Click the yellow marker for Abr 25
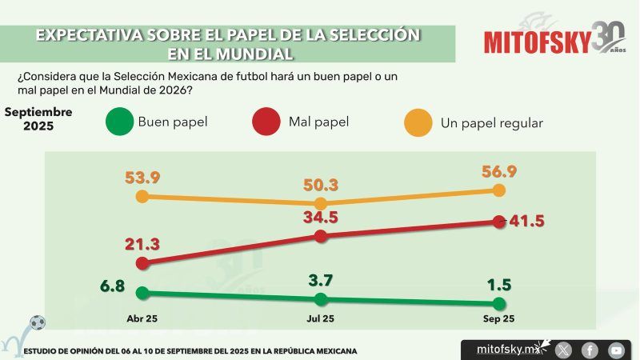(x=142, y=196)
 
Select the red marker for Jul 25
(x=321, y=236)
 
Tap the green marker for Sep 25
(x=499, y=303)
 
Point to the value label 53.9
(x=142, y=176)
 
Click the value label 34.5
(x=320, y=218)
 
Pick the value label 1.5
(x=498, y=286)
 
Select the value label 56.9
(x=498, y=171)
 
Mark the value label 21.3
(x=142, y=243)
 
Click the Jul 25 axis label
(x=321, y=319)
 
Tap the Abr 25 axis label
(x=142, y=319)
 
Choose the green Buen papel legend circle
(x=118, y=122)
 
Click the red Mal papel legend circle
(x=266, y=122)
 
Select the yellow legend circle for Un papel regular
(x=418, y=122)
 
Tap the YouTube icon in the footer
(x=616, y=350)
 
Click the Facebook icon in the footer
(x=590, y=350)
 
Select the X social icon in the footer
(x=563, y=350)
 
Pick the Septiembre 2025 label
(x=38, y=119)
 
